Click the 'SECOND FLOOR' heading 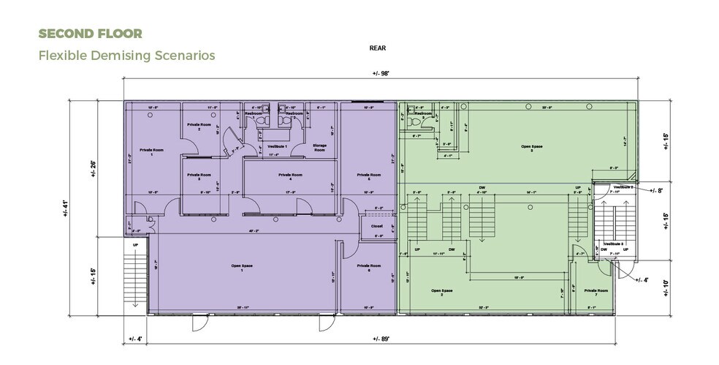(x=90, y=34)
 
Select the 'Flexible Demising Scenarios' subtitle (x=126, y=55)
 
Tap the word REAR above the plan (x=377, y=48)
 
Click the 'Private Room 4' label (x=291, y=176)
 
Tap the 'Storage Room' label (x=319, y=147)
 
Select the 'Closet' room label (x=377, y=226)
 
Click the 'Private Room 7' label (x=596, y=292)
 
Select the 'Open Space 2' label (x=441, y=292)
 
